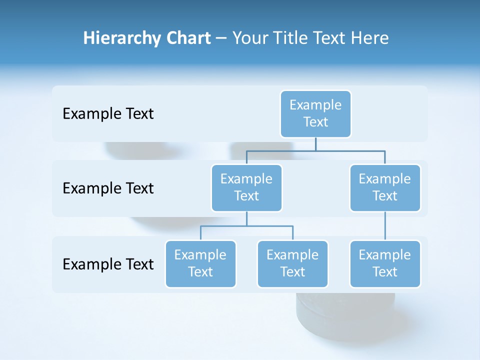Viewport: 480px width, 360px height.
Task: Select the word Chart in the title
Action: tap(186, 38)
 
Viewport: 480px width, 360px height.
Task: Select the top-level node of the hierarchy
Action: tap(315, 114)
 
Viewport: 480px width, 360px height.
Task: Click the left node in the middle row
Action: tap(246, 188)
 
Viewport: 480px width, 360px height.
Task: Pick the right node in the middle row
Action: tap(385, 188)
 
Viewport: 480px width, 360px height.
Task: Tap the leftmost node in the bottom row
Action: tap(200, 264)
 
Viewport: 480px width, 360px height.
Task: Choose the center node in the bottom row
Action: tap(292, 264)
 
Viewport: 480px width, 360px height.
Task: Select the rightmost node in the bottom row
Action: tap(385, 264)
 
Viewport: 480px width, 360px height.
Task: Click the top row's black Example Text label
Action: tap(108, 114)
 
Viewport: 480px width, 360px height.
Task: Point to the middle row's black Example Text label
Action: tap(108, 188)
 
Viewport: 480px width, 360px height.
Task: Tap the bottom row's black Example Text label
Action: tap(108, 264)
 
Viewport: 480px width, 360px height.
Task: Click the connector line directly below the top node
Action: tap(315, 144)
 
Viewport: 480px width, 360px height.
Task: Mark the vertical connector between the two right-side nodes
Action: tap(385, 226)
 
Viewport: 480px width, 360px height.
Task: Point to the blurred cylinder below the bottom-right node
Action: tap(345, 312)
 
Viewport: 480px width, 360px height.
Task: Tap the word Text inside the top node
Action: tap(315, 122)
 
